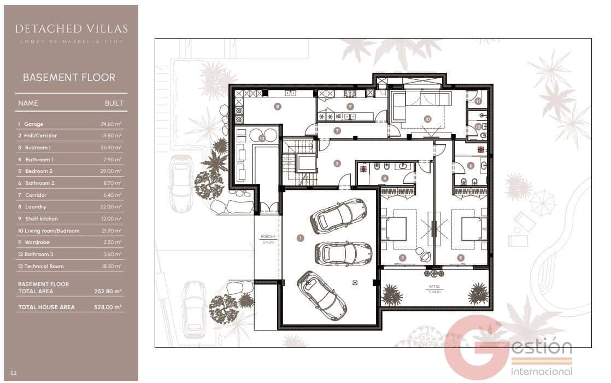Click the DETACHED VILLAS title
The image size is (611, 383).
click(x=71, y=28)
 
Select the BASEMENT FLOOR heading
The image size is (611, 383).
click(x=69, y=78)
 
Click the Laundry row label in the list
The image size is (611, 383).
click(x=36, y=207)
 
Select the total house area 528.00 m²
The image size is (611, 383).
click(x=108, y=307)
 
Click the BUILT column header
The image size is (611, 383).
click(x=114, y=103)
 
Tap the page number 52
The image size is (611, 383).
click(x=13, y=373)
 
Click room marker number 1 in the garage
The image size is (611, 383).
click(x=300, y=237)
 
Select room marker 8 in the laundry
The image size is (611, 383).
click(x=278, y=107)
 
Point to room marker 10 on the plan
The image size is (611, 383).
click(x=427, y=118)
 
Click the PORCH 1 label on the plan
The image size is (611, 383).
click(x=267, y=239)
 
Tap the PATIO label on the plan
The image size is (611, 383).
click(x=434, y=288)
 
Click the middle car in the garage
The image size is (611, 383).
click(x=336, y=253)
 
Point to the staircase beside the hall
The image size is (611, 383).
click(x=298, y=161)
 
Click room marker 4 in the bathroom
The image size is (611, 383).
click(x=385, y=178)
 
